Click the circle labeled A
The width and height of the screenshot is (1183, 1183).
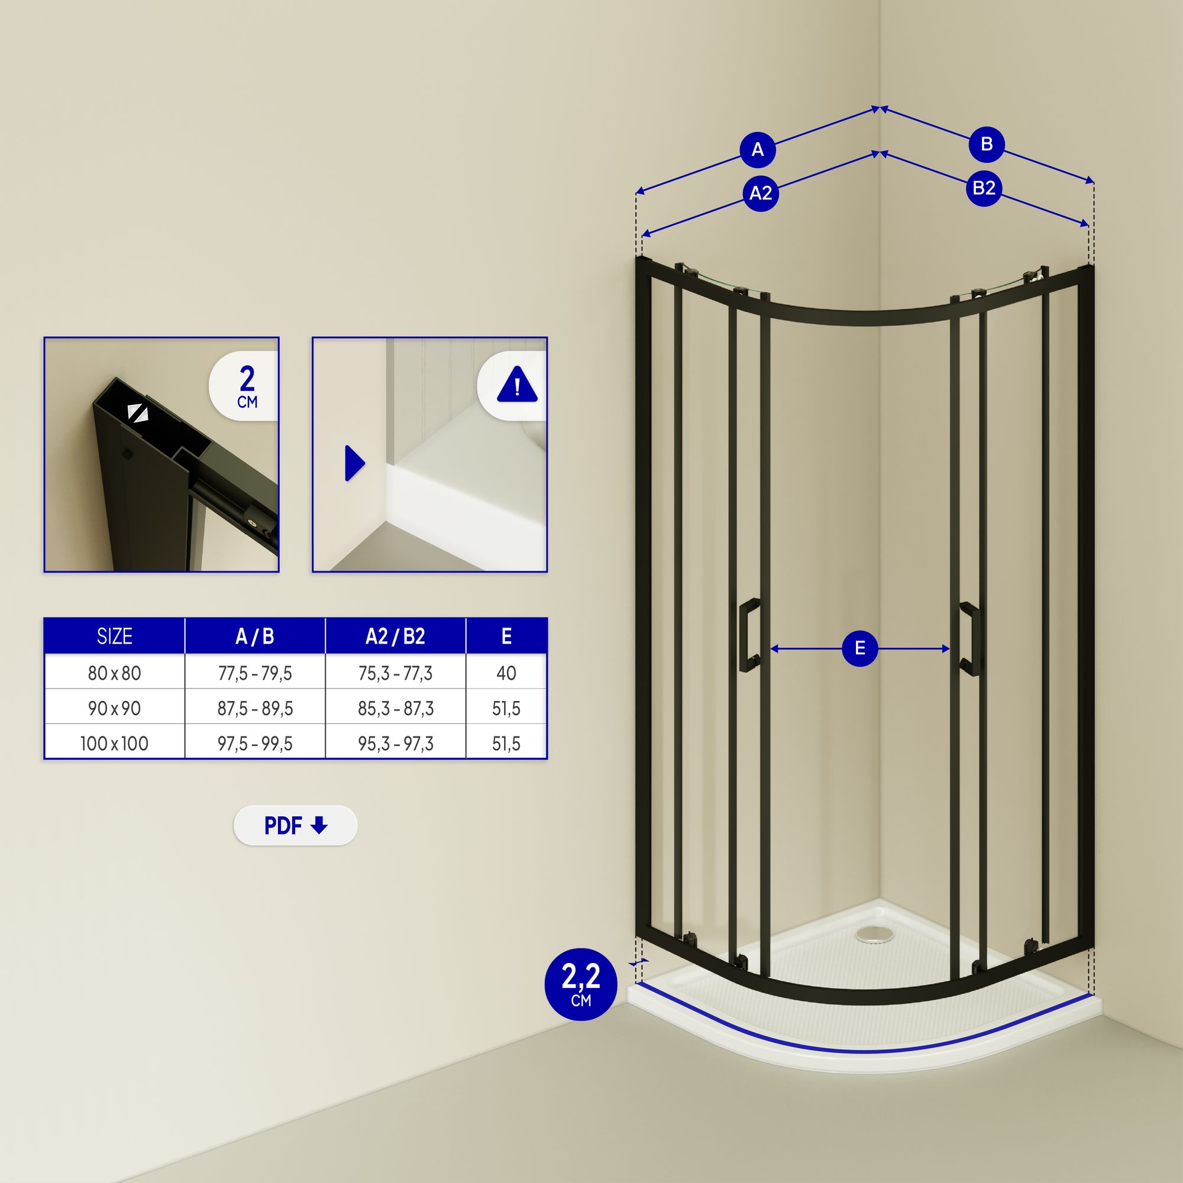click(x=758, y=150)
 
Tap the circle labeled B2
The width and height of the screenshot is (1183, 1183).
click(x=984, y=188)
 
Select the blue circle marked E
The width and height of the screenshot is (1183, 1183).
click(x=859, y=648)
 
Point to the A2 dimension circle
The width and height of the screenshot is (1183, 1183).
click(x=761, y=193)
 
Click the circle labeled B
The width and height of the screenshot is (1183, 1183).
click(x=987, y=144)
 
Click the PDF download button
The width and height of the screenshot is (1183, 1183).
click(x=295, y=825)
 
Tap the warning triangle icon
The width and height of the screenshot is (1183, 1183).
click(x=518, y=384)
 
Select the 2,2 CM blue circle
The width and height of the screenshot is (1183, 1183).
click(x=580, y=985)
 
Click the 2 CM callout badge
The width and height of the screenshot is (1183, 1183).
click(x=244, y=385)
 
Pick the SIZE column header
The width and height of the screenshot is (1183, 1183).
click(x=115, y=636)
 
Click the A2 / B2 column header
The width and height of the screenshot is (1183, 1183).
click(x=396, y=636)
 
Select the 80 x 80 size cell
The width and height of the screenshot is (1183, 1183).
click(x=115, y=673)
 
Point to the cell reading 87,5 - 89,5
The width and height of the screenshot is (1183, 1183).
click(x=255, y=708)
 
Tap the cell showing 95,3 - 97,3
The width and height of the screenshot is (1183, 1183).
click(x=396, y=744)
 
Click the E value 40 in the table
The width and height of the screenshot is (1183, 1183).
click(x=506, y=673)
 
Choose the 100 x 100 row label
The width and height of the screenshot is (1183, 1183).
click(x=115, y=744)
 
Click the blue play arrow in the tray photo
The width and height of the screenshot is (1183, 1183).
click(x=355, y=463)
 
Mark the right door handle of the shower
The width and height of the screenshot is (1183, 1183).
click(x=969, y=639)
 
